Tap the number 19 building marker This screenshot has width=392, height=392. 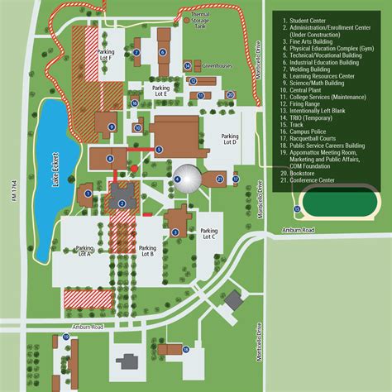65,337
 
